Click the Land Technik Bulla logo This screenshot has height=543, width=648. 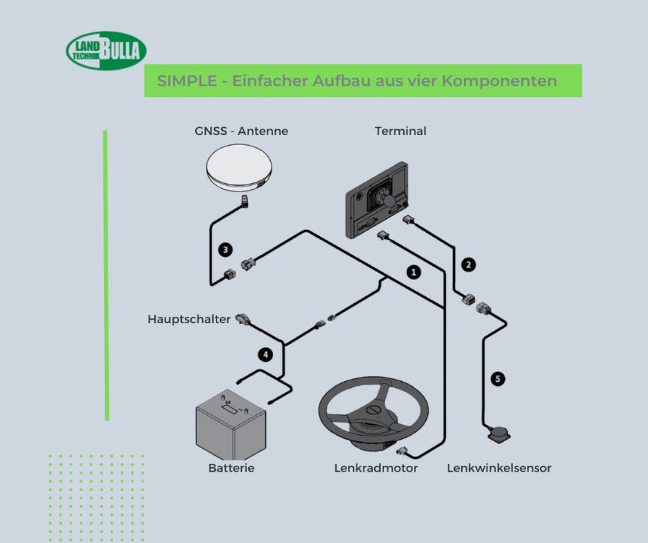[x=106, y=50]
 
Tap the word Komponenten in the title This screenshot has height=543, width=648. [x=499, y=81]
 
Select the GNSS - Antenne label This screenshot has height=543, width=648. [x=241, y=131]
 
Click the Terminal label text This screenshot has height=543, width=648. [x=400, y=131]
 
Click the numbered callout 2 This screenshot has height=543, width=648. [x=468, y=265]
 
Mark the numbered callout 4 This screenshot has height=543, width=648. [x=265, y=355]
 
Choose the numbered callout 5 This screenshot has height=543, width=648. [x=498, y=380]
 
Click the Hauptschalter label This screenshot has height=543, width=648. [x=189, y=319]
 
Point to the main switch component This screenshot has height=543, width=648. [x=243, y=320]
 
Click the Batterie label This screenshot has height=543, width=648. [x=231, y=468]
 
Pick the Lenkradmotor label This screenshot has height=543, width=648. [x=376, y=468]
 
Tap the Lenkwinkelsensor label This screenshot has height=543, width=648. [x=499, y=468]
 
